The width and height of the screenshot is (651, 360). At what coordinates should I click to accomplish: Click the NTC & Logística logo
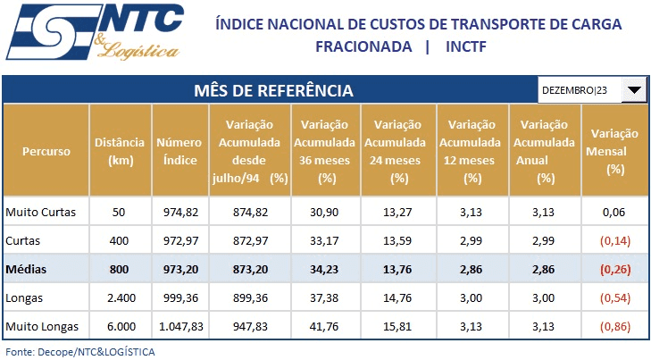[93, 33]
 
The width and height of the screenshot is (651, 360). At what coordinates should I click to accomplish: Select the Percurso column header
[46, 151]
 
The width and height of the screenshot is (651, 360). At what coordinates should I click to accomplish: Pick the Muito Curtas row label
[41, 212]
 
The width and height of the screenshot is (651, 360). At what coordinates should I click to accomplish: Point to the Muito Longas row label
[42, 326]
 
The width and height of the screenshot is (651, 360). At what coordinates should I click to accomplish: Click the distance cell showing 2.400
[120, 297]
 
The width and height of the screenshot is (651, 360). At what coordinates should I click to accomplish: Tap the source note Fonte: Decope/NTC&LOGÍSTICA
[79, 352]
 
